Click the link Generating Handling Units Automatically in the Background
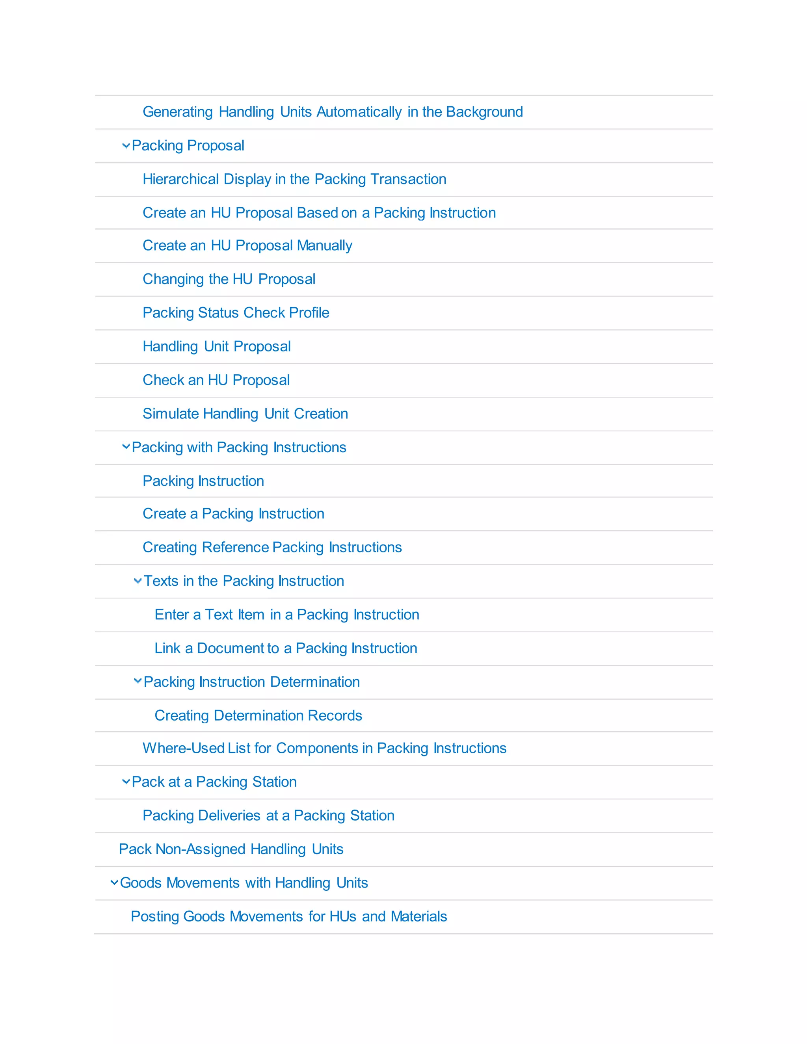[333, 112]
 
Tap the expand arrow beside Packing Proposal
[126, 145]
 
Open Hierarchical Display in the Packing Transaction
[294, 179]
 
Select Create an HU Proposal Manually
[247, 246]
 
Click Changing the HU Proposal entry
[229, 279]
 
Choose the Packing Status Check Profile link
[236, 313]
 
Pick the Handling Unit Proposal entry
[217, 347]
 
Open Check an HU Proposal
[216, 380]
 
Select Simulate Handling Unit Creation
[245, 414]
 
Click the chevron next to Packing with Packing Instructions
[126, 446]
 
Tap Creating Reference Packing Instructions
[272, 547]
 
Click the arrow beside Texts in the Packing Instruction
[138, 581]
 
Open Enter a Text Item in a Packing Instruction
[287, 615]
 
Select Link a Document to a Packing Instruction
[286, 648]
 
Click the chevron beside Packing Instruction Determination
[138, 681]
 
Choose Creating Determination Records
[258, 715]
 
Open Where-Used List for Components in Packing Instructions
[324, 748]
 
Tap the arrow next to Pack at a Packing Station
[126, 782]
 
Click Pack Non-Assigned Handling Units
[231, 849]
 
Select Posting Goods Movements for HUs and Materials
[289, 916]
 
